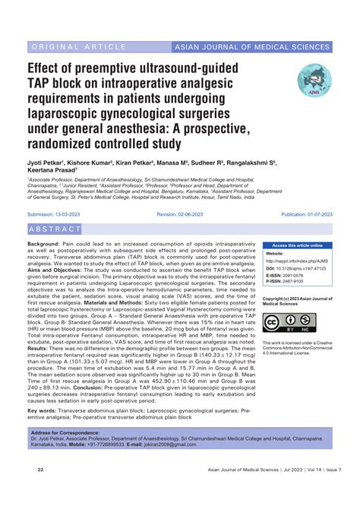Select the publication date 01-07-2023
pos(319,216)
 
